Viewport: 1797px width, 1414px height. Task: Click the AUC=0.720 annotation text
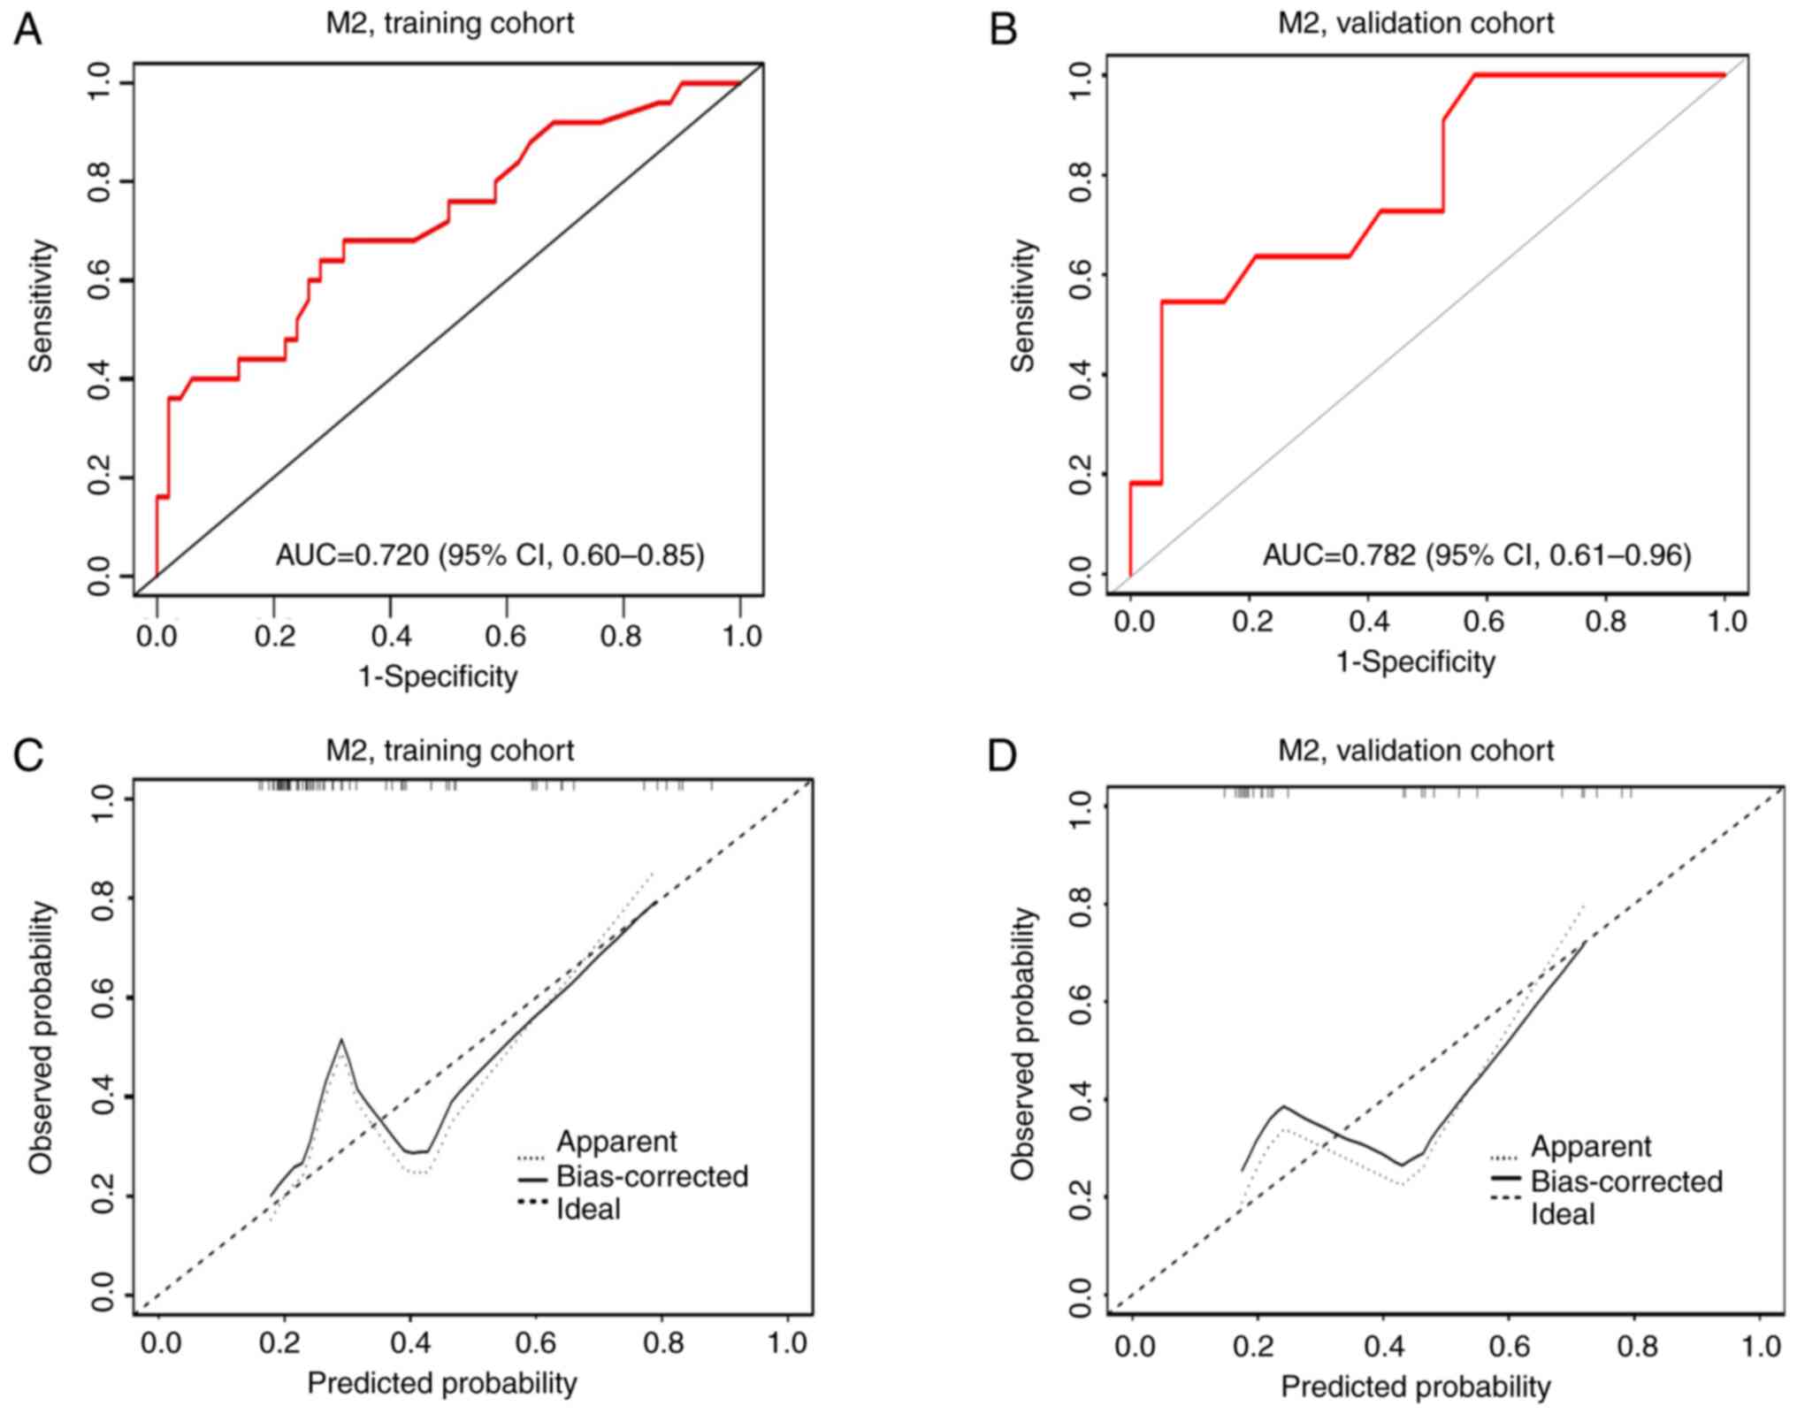(x=490, y=555)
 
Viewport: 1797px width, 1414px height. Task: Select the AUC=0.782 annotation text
(x=1476, y=555)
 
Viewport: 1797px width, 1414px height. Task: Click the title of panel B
(x=1415, y=23)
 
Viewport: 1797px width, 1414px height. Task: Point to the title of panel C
(x=449, y=751)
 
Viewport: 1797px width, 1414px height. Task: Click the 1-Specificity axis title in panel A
(x=438, y=676)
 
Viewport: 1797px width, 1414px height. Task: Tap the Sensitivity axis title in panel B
(x=1023, y=306)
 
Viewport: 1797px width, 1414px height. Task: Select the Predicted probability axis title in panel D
(x=1415, y=1387)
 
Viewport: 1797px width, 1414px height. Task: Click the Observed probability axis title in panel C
(x=41, y=1038)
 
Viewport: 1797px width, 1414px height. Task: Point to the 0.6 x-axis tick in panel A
(x=506, y=636)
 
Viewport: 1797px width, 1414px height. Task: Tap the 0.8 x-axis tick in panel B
(x=1605, y=622)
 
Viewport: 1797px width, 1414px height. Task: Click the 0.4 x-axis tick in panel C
(x=411, y=1343)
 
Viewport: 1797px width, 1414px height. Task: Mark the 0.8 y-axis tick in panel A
(x=98, y=181)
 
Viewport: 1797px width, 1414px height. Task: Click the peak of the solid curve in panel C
(x=341, y=1040)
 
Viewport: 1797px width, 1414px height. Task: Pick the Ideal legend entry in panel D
(x=1563, y=1214)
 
